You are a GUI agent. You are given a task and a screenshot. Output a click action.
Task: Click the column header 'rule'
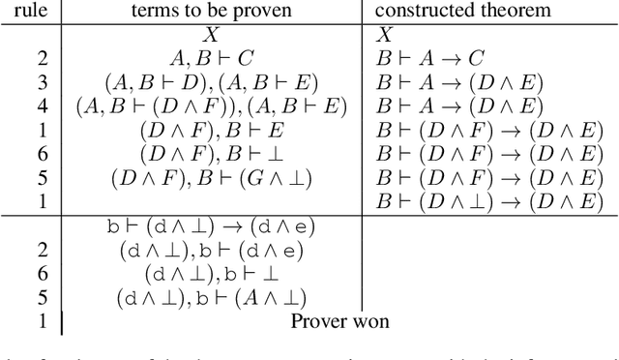(x=29, y=13)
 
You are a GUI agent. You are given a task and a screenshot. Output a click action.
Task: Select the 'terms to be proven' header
(x=211, y=13)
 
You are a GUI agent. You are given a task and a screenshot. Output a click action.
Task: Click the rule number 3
(x=42, y=81)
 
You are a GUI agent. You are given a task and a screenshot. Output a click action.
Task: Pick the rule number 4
(x=42, y=105)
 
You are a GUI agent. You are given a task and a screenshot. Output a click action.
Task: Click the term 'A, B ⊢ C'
(x=211, y=57)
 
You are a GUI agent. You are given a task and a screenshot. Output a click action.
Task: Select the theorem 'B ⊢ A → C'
(x=430, y=57)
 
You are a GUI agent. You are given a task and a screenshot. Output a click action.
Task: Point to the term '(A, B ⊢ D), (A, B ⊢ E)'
(x=211, y=81)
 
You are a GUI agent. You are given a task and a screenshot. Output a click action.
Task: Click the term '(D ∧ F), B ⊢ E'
(x=211, y=129)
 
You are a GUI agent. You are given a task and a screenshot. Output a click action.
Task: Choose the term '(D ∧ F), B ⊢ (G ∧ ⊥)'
(x=211, y=176)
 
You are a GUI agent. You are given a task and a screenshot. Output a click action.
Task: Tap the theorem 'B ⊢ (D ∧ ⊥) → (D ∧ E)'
(x=488, y=200)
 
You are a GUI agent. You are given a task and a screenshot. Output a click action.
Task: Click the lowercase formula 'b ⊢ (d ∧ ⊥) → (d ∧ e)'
(x=211, y=227)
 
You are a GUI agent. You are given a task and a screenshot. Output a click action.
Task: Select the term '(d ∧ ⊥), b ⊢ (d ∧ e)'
(x=211, y=251)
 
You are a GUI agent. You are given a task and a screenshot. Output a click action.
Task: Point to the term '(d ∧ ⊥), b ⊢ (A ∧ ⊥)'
(x=211, y=298)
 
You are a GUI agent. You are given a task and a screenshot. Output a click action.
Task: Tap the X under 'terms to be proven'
(x=211, y=35)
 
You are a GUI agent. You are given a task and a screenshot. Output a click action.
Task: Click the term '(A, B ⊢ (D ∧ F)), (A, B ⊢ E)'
(x=211, y=105)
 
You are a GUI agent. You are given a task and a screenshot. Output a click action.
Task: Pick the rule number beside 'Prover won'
(x=42, y=321)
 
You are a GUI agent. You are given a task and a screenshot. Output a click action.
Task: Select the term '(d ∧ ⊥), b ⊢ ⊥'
(x=211, y=274)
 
